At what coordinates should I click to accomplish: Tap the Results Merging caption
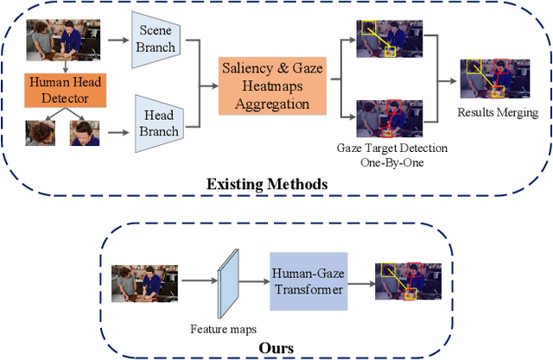coord(498,112)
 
